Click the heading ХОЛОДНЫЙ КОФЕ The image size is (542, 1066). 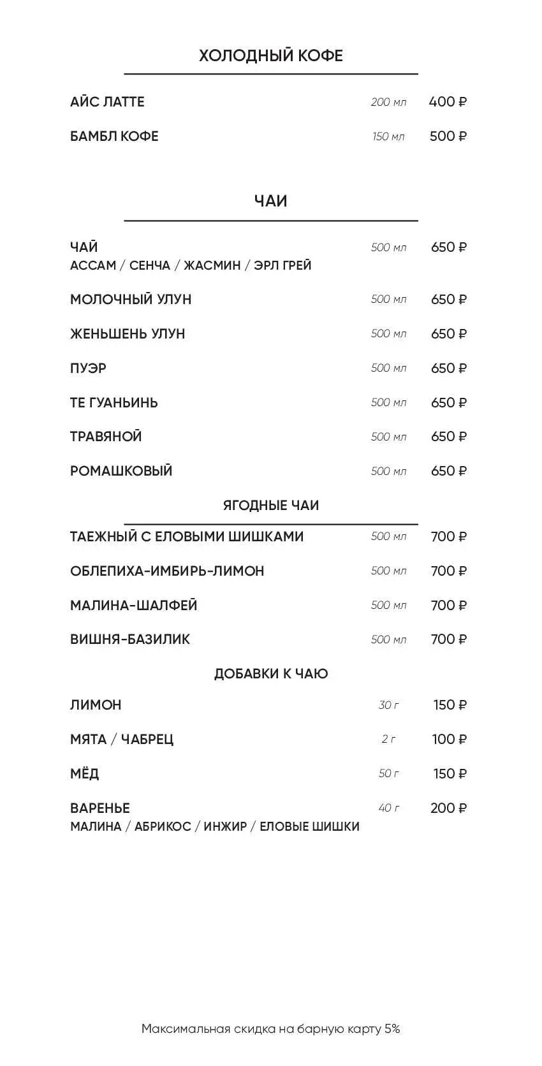click(x=270, y=55)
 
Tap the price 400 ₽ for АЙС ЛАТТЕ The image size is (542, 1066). click(x=448, y=102)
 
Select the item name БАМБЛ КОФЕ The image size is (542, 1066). click(x=114, y=136)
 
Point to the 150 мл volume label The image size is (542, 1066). click(x=388, y=136)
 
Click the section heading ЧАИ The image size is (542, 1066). click(x=270, y=201)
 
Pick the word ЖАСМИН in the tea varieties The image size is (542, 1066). click(x=212, y=265)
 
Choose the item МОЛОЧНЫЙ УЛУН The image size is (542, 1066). click(x=131, y=300)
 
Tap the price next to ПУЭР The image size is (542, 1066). click(x=448, y=369)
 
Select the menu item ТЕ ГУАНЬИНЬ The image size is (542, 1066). click(x=114, y=403)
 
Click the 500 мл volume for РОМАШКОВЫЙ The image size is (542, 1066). click(x=388, y=471)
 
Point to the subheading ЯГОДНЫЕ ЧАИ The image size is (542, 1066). click(x=270, y=506)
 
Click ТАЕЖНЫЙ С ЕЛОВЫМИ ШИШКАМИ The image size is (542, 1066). click(x=187, y=537)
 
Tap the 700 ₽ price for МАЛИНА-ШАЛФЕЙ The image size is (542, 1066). click(x=448, y=606)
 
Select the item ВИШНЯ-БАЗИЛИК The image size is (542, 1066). click(x=130, y=639)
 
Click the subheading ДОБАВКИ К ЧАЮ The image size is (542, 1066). click(x=270, y=674)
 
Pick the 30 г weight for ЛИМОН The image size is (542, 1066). click(x=388, y=705)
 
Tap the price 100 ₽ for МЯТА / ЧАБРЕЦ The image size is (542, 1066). click(x=449, y=740)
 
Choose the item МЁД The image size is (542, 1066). click(x=85, y=774)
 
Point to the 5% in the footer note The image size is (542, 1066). click(x=392, y=1028)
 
